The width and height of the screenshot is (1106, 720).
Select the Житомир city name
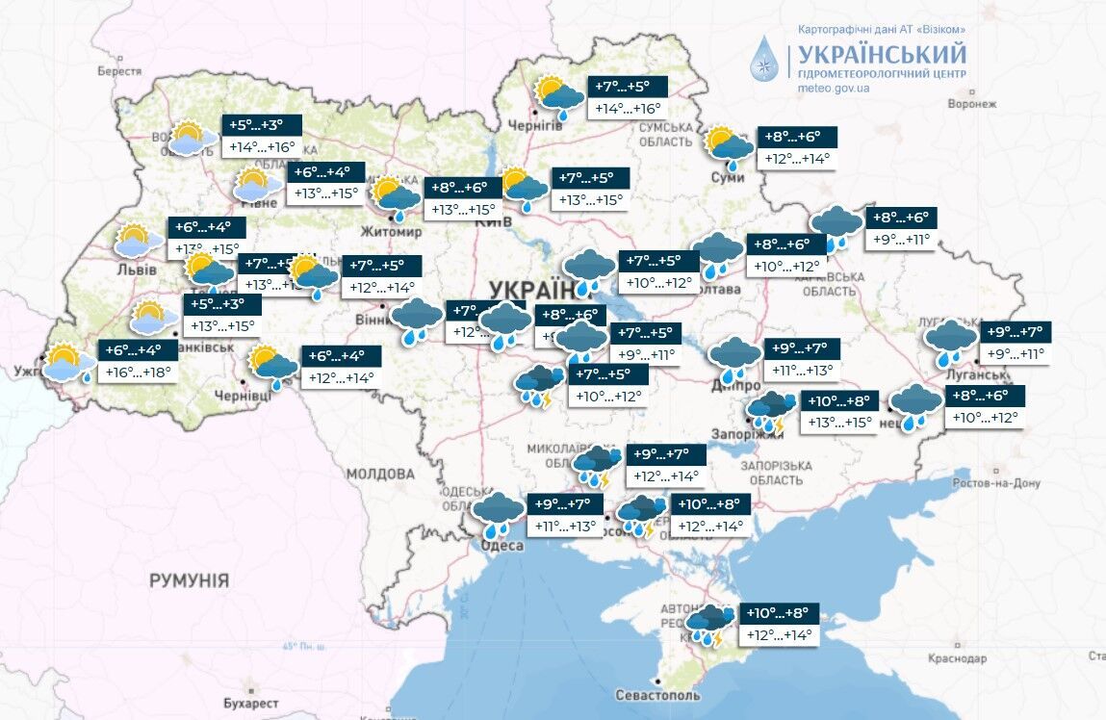tap(390, 232)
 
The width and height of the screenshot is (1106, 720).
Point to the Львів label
tap(136, 270)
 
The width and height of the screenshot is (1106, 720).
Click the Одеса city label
tap(502, 546)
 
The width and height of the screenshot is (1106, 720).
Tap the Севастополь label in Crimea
tap(659, 694)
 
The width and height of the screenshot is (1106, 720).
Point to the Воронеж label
tap(970, 104)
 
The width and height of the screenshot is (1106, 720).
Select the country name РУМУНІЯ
tap(189, 579)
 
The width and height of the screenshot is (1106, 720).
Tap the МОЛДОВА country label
tap(379, 474)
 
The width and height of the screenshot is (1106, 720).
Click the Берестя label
tap(119, 71)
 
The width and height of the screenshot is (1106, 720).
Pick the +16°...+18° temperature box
tap(138, 372)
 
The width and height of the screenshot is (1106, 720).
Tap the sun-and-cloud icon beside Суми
tap(730, 144)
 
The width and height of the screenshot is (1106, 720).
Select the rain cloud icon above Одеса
tap(499, 513)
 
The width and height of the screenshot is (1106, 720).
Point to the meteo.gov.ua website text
tap(834, 88)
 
